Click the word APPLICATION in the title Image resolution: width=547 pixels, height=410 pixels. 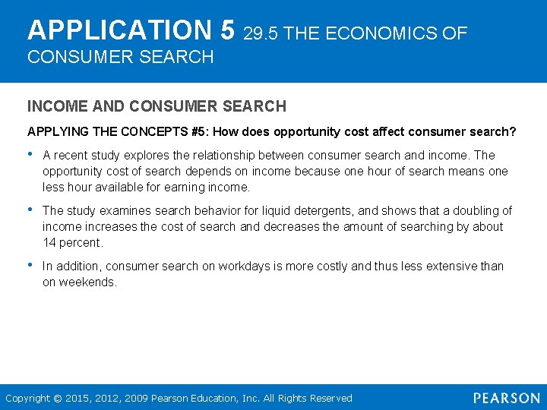pos(122,30)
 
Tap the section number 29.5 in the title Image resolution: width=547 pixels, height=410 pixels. pos(260,33)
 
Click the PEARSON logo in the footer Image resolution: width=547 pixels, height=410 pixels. pos(506,398)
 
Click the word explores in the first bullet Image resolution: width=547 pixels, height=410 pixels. pos(183,155)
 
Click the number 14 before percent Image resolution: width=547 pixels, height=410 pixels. pos(50,242)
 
